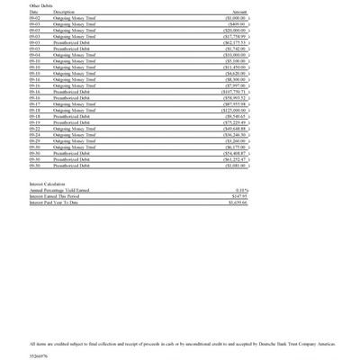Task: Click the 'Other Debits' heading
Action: [x=42, y=6]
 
